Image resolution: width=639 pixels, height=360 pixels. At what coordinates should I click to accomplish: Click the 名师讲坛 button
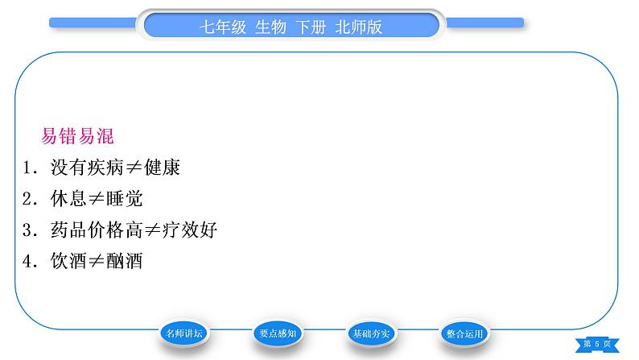point(184,333)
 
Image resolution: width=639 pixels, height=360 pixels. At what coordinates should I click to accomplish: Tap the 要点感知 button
point(278,333)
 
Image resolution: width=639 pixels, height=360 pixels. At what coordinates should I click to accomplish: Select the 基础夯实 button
point(371,333)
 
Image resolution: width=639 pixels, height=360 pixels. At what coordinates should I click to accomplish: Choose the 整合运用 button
point(464,333)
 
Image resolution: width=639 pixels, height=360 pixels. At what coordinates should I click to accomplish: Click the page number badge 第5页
point(597,344)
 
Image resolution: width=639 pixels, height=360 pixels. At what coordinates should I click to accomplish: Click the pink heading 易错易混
point(77,136)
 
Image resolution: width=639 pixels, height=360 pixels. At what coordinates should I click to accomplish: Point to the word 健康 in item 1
point(163,168)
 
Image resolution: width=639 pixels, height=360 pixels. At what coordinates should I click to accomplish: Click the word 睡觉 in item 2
point(124,199)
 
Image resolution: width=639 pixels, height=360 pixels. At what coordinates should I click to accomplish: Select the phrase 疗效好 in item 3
point(190,230)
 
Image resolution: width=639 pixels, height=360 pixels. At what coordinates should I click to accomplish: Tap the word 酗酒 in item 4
point(124,260)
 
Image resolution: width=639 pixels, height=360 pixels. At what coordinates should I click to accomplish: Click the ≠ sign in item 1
point(134,168)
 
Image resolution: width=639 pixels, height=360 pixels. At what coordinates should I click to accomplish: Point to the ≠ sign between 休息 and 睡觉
point(97,199)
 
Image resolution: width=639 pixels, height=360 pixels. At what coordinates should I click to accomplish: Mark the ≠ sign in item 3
point(152,230)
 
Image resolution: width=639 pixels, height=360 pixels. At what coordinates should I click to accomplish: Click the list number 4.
point(27,261)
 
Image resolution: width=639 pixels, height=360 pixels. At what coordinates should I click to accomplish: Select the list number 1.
point(27,168)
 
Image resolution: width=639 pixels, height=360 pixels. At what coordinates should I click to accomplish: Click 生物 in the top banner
point(270,27)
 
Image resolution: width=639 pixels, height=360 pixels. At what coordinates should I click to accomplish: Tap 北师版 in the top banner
point(359,27)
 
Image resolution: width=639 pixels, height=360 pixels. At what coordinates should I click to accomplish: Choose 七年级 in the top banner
point(223,27)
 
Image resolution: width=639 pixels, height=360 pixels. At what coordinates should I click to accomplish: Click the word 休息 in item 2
point(68,199)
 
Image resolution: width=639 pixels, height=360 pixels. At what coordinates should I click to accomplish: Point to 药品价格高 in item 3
point(97,230)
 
